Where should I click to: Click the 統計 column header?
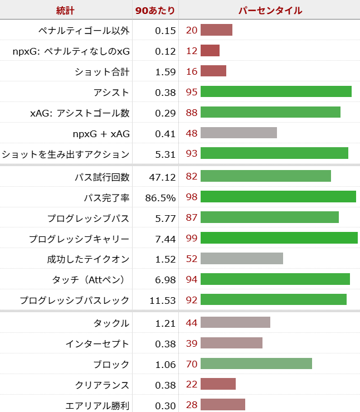click(x=66, y=11)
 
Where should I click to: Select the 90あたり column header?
click(x=155, y=11)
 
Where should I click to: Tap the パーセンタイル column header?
click(x=270, y=11)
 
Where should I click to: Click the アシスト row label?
click(x=111, y=93)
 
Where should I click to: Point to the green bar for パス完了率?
click(x=278, y=196)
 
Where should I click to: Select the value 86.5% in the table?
click(x=160, y=197)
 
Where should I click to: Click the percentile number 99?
click(x=192, y=239)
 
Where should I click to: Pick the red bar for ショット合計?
click(x=213, y=71)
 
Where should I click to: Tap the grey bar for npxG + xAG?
click(x=239, y=133)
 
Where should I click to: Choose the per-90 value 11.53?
click(x=163, y=300)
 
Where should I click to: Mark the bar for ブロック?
click(x=256, y=364)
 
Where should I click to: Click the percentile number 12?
click(x=192, y=51)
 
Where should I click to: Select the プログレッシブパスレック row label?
click(x=74, y=300)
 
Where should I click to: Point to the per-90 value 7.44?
click(x=165, y=239)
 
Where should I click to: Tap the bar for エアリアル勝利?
click(x=223, y=405)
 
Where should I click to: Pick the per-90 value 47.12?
click(x=163, y=177)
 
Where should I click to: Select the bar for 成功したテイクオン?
click(x=242, y=259)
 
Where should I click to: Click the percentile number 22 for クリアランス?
click(x=192, y=385)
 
